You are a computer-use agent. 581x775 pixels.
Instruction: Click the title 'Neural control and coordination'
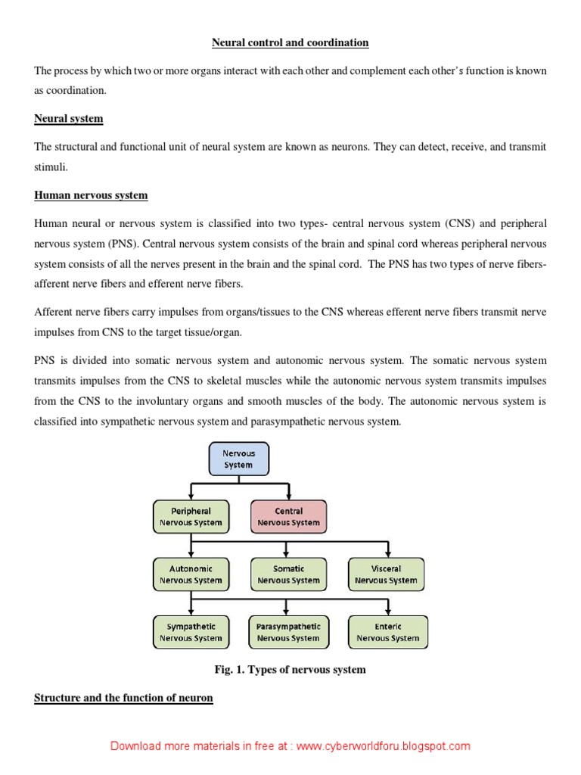(x=290, y=43)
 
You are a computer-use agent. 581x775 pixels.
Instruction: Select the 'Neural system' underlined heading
(x=69, y=119)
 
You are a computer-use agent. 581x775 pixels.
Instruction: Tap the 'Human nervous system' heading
(x=91, y=195)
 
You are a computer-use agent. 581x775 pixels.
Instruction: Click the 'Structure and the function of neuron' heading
(x=123, y=697)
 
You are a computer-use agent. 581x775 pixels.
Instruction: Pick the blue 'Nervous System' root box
(x=238, y=459)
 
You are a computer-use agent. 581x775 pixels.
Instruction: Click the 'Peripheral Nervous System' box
(x=191, y=517)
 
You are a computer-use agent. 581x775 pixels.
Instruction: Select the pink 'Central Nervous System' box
(x=288, y=517)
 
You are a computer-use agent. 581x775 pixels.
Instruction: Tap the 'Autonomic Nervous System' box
(x=191, y=574)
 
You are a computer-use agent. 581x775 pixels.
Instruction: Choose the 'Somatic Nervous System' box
(x=288, y=574)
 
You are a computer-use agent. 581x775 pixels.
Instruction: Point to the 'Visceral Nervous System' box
(x=387, y=574)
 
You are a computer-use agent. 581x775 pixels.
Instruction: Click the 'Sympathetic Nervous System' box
(x=191, y=632)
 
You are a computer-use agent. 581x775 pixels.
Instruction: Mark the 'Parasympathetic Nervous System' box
(x=288, y=632)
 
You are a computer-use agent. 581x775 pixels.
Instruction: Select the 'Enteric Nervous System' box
(x=388, y=632)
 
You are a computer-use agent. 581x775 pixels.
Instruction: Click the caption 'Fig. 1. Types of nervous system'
(x=290, y=670)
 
